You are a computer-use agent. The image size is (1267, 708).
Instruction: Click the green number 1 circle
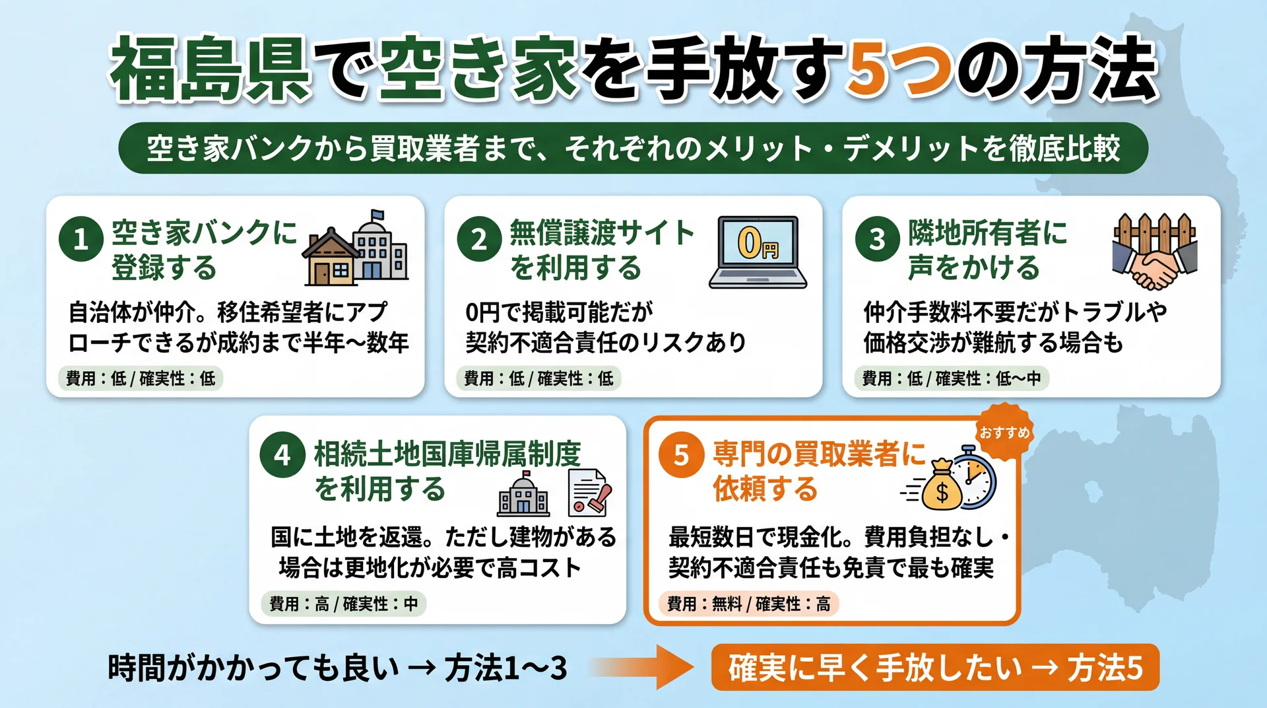[81, 239]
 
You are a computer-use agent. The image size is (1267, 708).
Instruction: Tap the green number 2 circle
[479, 239]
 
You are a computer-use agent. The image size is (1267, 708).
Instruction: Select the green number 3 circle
[877, 239]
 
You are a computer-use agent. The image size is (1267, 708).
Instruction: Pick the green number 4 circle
[282, 455]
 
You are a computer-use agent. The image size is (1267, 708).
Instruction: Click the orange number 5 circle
[681, 455]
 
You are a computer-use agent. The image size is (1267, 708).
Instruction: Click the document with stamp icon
[589, 493]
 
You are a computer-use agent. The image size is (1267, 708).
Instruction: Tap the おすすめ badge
[1004, 433]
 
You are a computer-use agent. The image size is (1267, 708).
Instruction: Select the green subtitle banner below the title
[633, 148]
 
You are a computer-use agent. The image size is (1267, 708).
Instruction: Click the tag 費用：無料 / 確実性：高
[748, 604]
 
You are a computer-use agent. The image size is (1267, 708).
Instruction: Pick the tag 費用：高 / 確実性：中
[343, 604]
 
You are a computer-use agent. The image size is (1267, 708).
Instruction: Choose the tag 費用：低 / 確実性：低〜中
[951, 378]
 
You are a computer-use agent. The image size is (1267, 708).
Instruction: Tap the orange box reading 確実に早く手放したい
[934, 667]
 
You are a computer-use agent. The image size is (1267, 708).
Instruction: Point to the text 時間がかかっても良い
[254, 668]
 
